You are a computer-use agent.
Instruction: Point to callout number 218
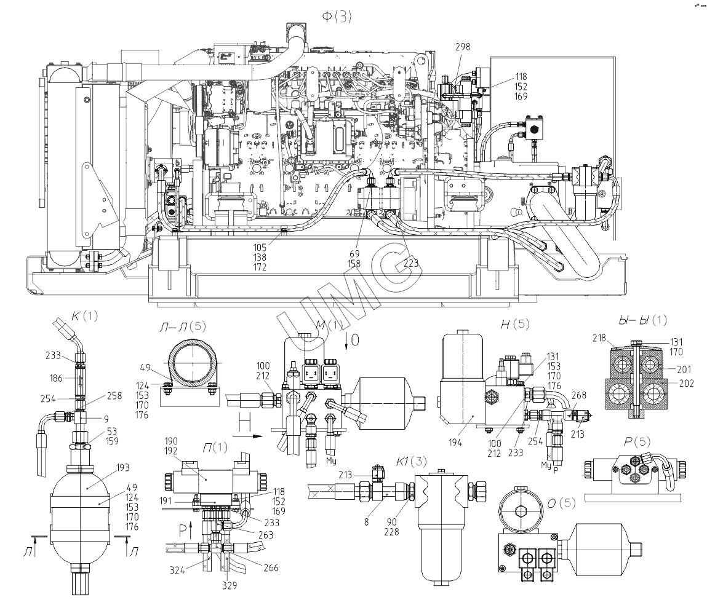601,337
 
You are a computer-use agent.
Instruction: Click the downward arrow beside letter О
349,339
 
